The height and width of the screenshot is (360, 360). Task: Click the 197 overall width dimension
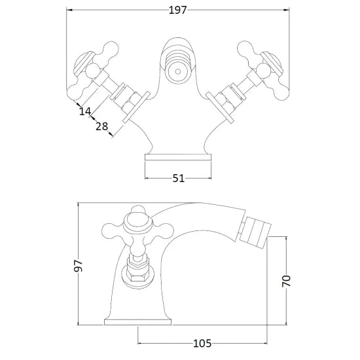178,9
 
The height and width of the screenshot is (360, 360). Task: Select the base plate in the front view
177,158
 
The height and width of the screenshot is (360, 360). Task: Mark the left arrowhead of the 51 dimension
147,177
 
